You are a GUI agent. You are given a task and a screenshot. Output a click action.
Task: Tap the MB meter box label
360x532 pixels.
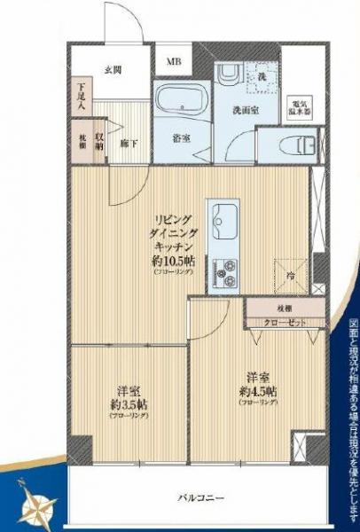(x=174, y=63)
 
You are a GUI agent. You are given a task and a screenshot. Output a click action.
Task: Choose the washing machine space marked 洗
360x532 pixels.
(x=261, y=79)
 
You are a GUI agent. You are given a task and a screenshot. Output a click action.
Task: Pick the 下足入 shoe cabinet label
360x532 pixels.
(x=82, y=93)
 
